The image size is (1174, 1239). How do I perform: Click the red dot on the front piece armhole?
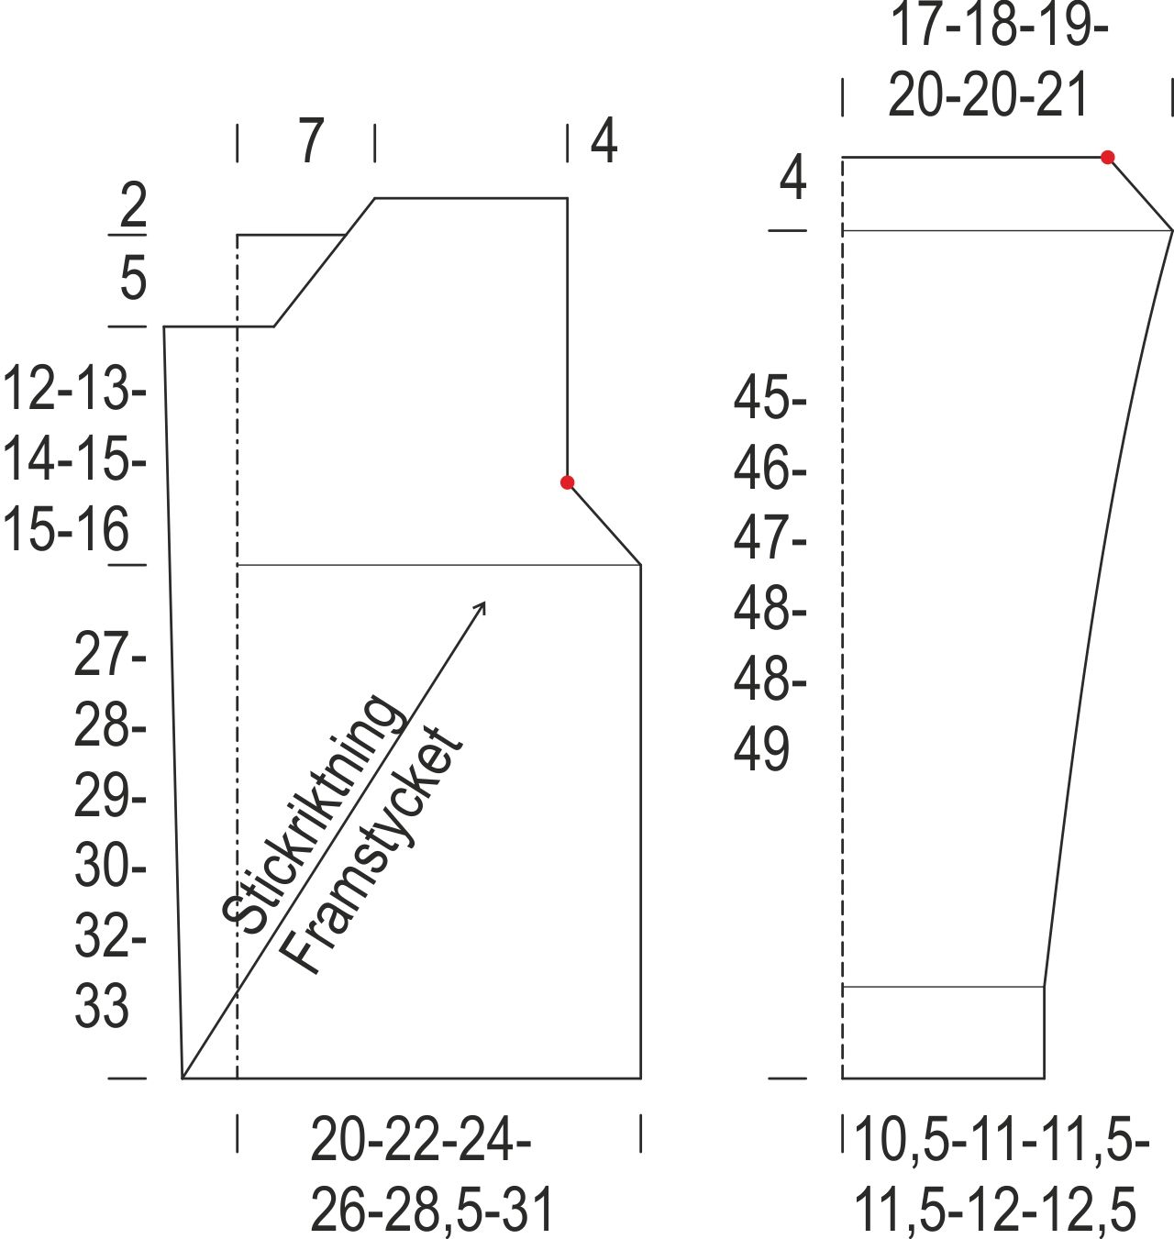click(567, 482)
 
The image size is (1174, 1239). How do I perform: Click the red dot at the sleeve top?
click(1107, 157)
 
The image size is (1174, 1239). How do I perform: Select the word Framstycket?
click(371, 851)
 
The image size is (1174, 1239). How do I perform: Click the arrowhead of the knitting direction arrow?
click(481, 607)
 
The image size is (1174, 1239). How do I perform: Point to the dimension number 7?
click(311, 141)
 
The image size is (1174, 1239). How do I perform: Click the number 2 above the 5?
click(133, 205)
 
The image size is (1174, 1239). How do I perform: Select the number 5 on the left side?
click(133, 277)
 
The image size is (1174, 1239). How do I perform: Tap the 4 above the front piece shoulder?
click(604, 141)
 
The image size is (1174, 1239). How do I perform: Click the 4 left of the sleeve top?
click(792, 178)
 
